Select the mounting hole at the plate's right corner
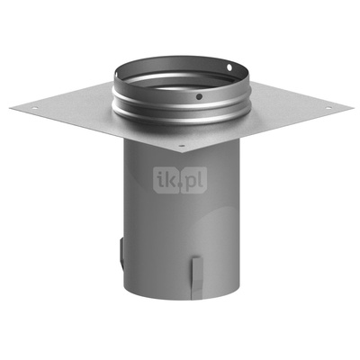326,107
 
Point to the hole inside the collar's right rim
229,67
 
